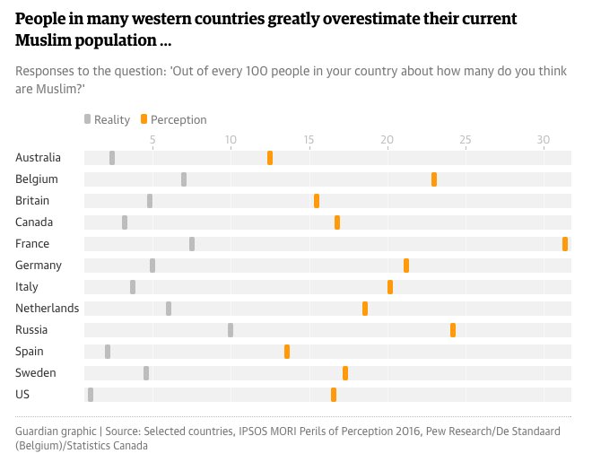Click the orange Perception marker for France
[565, 244]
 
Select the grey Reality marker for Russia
[231, 330]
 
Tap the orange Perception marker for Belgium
[434, 179]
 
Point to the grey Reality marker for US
[91, 395]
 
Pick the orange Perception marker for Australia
[270, 158]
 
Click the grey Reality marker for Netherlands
[169, 309]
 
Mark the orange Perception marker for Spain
[287, 352]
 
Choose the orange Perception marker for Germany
[406, 266]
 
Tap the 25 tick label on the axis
[465, 140]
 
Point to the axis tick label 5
[152, 140]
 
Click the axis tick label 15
[309, 140]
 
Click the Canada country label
[34, 222]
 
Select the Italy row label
[27, 287]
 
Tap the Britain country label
[32, 201]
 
